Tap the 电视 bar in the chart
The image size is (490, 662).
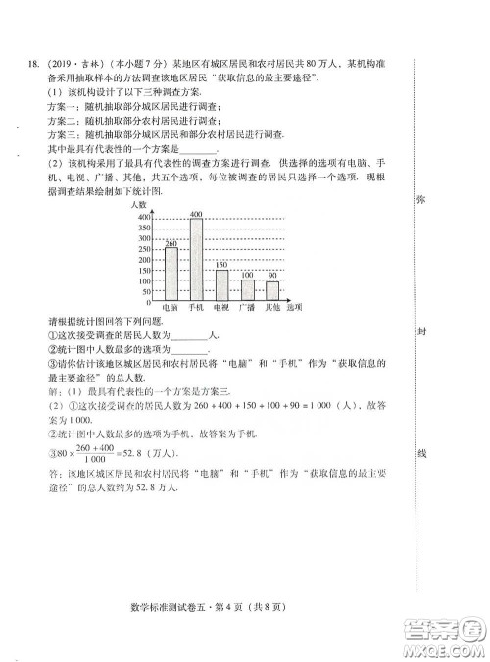(221, 284)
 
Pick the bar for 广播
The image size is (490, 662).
(248, 290)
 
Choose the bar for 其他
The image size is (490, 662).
(272, 291)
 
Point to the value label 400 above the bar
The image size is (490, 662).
(196, 214)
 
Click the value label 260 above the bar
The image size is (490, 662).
(171, 242)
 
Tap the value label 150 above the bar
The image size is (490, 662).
(221, 265)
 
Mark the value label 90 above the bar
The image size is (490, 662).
(272, 277)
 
